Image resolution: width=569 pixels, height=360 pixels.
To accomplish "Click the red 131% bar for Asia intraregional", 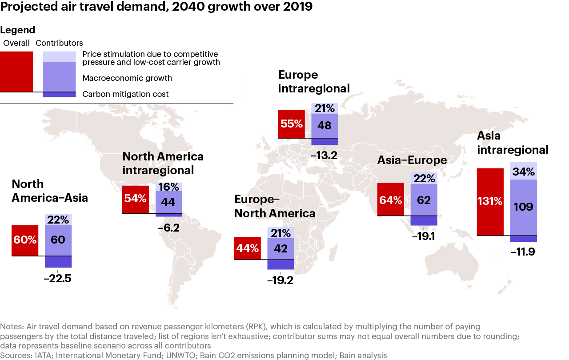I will [x=490, y=201].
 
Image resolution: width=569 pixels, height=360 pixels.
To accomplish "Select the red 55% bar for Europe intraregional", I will [x=291, y=124].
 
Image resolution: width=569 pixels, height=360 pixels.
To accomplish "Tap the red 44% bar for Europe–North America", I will [x=247, y=248].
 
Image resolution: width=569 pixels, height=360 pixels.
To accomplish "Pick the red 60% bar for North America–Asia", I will [x=25, y=240].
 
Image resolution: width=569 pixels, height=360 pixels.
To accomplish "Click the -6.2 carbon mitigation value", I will [x=168, y=228].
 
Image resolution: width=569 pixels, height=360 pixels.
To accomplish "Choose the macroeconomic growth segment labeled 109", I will [x=523, y=207].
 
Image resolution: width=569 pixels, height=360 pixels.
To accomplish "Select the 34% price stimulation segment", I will [x=523, y=172].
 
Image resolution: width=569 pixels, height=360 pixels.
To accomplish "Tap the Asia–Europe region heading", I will [x=412, y=160].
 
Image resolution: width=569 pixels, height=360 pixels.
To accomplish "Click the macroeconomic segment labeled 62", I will [x=424, y=200].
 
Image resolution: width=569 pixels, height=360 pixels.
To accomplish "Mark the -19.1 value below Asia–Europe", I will [x=423, y=236].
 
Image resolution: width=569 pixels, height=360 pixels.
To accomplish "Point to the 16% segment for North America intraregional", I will [x=168, y=187].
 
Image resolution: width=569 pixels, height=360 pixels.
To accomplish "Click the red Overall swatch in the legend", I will [x=16, y=71].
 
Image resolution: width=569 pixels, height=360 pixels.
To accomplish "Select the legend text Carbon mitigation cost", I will [x=125, y=94].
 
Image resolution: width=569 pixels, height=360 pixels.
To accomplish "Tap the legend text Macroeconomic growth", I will [x=127, y=78].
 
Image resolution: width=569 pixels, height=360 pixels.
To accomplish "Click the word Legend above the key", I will [x=17, y=30].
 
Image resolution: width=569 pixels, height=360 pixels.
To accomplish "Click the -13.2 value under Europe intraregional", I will [x=324, y=155].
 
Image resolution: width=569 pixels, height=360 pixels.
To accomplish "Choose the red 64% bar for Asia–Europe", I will [x=390, y=200].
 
